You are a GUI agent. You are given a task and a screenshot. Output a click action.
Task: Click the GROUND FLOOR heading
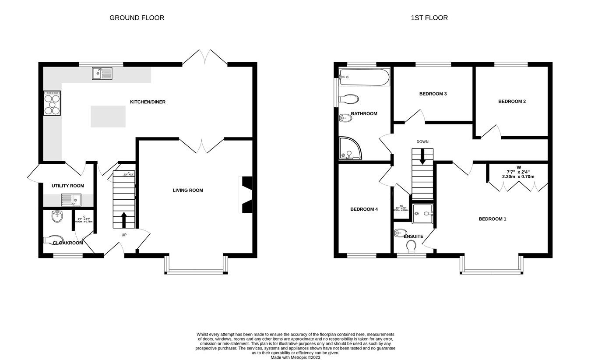137,18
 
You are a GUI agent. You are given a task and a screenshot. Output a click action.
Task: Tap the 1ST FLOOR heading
429,18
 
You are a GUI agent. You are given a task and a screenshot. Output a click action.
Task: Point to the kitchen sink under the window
102,73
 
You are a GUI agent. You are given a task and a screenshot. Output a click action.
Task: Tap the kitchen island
108,116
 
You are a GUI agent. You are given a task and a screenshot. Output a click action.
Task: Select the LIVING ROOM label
188,190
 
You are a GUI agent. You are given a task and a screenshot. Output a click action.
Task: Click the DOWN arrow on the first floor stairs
422,156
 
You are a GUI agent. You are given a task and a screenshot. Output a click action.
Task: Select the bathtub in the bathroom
364,77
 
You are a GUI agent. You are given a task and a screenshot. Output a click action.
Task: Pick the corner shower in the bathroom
350,148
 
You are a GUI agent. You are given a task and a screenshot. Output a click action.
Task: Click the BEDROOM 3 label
433,94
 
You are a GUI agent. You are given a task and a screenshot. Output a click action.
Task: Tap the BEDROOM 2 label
512,101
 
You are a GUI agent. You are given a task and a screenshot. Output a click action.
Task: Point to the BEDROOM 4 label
364,209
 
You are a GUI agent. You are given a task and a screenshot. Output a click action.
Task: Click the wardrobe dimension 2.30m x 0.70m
518,176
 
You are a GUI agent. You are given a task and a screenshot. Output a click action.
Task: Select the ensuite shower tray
423,214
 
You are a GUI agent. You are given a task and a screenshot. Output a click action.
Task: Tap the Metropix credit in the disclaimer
295,357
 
